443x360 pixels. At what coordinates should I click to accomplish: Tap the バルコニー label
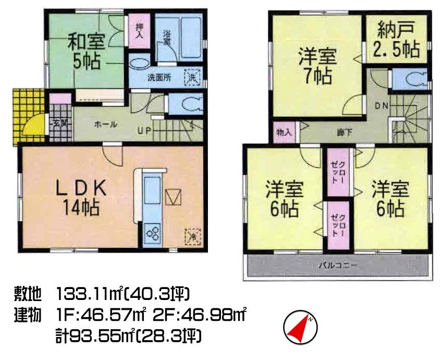click(338, 266)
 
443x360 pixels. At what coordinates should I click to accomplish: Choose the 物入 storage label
click(284, 133)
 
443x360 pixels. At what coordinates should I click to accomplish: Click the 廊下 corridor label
click(344, 133)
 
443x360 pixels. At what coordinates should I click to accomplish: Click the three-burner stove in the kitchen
click(154, 233)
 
